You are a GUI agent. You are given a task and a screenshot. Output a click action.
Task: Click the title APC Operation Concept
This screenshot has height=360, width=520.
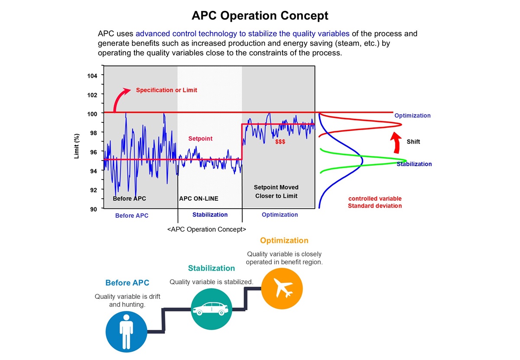pos(260,16)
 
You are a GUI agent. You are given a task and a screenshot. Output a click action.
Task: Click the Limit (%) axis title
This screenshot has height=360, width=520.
pos(77,145)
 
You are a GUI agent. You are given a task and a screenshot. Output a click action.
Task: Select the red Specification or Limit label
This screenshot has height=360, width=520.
pos(166,90)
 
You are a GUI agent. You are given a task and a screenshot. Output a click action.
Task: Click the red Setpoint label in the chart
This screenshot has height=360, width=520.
pos(200,139)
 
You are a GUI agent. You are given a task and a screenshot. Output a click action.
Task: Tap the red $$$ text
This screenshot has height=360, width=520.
pos(280,142)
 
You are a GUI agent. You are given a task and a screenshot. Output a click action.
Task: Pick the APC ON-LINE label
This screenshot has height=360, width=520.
pos(198,199)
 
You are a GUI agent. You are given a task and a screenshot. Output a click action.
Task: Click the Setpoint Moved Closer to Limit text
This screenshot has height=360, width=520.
pos(276,192)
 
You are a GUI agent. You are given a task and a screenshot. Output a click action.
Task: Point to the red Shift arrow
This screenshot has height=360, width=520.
pos(395,143)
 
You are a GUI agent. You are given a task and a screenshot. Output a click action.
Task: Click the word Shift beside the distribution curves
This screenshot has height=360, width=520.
pos(413,142)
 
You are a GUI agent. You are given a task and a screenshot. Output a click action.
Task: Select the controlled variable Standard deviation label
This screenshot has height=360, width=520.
pos(375,202)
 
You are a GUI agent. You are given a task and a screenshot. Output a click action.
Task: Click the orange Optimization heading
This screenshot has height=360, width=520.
pos(284,241)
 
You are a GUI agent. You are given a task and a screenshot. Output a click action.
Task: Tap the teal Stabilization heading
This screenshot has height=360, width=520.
pos(211,268)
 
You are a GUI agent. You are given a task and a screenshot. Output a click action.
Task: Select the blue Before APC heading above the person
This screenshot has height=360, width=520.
pos(127,283)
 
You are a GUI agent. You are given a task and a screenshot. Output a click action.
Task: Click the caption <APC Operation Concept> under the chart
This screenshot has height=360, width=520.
pos(207,229)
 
